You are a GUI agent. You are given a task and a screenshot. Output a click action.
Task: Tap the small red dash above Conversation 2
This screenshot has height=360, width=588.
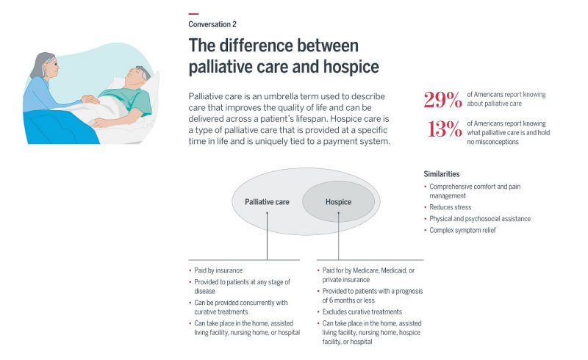193,14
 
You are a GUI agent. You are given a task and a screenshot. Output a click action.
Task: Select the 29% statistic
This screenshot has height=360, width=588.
442,99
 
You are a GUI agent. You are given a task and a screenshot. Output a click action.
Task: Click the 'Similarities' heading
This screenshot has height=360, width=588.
442,174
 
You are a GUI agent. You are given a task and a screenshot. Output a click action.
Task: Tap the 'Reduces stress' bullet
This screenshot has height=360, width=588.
452,207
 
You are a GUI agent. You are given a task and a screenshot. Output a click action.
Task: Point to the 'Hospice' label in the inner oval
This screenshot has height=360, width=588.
338,202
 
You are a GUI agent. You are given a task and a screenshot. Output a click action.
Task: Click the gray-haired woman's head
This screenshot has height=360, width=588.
46,67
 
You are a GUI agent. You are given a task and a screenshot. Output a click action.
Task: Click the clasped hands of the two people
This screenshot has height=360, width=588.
90,98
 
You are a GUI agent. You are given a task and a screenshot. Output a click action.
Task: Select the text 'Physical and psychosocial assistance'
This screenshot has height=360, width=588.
479,219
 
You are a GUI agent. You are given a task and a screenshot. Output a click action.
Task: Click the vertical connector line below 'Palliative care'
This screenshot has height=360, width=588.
268,235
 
